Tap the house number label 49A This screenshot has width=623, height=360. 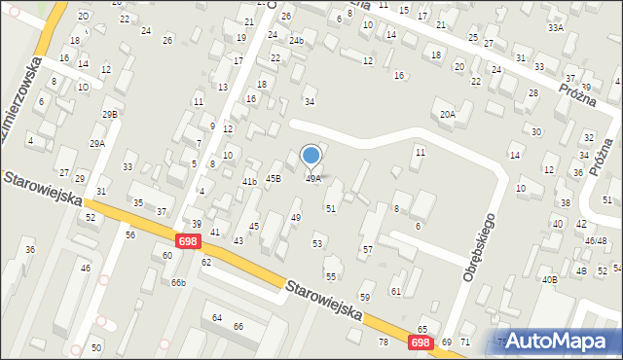tap(313, 179)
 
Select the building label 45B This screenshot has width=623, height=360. tap(273, 178)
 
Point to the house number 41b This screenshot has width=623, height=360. tap(249, 182)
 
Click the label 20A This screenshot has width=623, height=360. tap(447, 115)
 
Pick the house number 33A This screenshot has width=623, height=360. tap(555, 28)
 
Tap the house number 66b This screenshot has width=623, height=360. tap(178, 283)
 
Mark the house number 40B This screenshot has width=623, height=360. tap(550, 280)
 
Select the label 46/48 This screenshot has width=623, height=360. tap(596, 240)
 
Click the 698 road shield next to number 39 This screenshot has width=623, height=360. tap(188, 240)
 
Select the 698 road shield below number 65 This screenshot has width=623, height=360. tap(420, 342)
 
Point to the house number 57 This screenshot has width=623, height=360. tap(367, 250)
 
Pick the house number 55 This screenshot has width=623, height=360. tap(331, 277)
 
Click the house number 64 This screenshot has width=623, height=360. tap(217, 318)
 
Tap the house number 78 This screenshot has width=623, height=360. tap(383, 342)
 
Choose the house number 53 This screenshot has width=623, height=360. tap(316, 243)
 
